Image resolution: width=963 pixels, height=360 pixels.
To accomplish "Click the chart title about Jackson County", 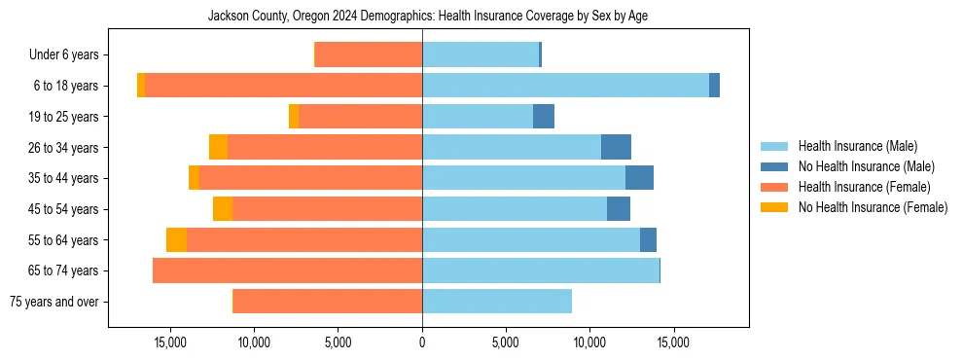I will click(x=428, y=17).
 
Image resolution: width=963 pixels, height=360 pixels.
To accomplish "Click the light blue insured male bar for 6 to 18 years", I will click(x=564, y=86).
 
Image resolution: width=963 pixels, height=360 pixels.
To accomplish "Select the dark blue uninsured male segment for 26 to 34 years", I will click(x=616, y=147).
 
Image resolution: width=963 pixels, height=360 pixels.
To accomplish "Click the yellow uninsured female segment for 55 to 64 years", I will click(x=176, y=240).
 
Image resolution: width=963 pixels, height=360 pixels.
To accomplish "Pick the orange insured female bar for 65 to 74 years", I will click(x=287, y=270).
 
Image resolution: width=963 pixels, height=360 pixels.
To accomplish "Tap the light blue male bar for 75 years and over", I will click(x=496, y=302).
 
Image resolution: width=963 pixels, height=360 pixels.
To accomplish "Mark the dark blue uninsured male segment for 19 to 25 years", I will click(x=544, y=117).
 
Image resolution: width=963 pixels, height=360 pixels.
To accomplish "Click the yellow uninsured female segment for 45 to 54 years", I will click(x=223, y=209).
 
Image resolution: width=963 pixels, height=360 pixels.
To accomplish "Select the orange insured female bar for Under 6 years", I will click(x=369, y=54).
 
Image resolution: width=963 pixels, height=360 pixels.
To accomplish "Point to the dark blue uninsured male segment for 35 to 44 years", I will click(x=639, y=178).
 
